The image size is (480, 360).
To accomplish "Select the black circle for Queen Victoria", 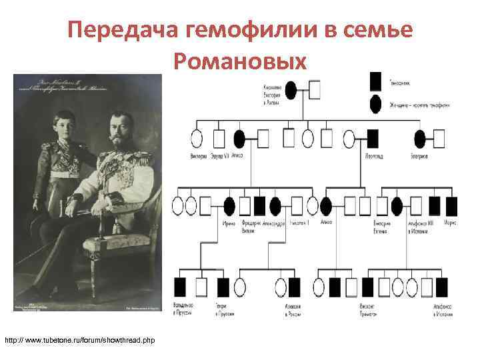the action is [291, 89].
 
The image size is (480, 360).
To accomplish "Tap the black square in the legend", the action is [376, 81].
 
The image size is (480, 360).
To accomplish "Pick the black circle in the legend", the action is [376, 104].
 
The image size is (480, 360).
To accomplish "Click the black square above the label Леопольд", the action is [371, 139].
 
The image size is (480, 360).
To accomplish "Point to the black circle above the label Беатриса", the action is [419, 139].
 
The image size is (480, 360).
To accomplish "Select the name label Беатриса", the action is [419, 155].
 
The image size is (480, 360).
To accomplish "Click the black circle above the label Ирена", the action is [229, 206].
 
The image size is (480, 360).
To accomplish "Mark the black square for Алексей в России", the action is [294, 287].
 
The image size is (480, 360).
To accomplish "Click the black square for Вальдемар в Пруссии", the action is [180, 287].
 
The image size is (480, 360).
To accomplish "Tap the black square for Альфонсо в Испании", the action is [441, 287].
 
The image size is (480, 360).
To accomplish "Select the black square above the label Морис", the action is [452, 206].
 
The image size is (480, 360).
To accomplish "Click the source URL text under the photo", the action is [79, 341].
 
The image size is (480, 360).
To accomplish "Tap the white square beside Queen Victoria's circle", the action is [314, 89].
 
